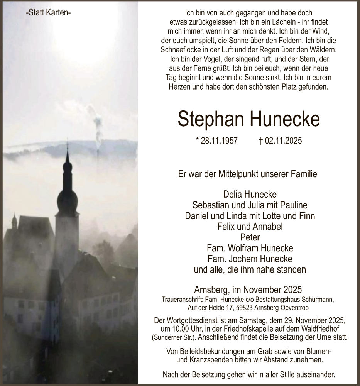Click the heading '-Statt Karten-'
tap(48, 13)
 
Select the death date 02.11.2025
tap(283, 141)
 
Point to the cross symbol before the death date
tap(261, 141)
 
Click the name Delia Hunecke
tap(250, 195)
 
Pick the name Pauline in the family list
tap(293, 205)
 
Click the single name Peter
tap(250, 237)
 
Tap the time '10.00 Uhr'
tap(181, 328)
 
